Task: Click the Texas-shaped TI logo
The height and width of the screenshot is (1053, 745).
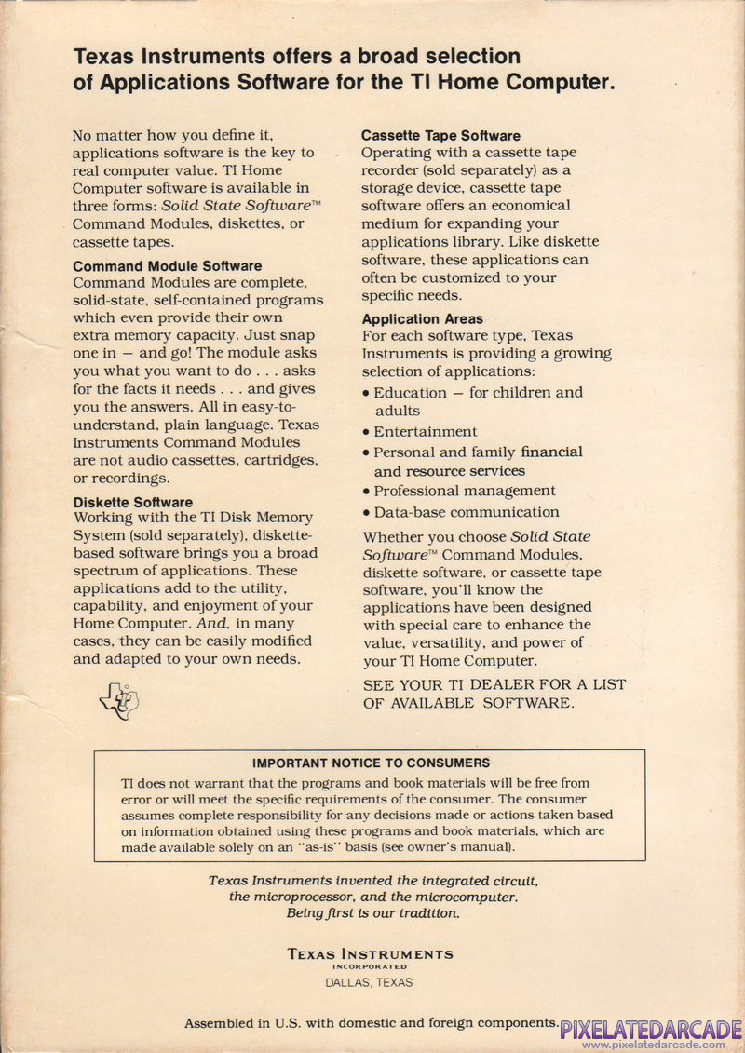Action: [119, 701]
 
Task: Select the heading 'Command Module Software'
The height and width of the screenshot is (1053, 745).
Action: [168, 265]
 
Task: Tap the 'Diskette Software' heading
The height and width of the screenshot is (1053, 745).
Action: [133, 502]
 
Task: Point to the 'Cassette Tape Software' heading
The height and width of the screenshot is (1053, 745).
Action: [440, 136]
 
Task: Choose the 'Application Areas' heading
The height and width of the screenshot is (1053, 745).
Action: [423, 318]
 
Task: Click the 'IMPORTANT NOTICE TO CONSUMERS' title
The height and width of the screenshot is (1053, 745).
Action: [371, 763]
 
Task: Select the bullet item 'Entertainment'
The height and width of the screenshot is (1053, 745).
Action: [426, 432]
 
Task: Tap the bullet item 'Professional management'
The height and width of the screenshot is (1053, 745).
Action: [465, 491]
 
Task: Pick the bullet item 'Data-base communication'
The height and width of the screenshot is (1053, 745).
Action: [467, 512]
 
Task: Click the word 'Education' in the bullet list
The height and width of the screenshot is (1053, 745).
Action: [410, 393]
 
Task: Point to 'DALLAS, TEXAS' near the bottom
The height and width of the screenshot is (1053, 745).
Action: [369, 982]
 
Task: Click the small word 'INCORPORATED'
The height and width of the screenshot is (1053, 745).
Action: [370, 967]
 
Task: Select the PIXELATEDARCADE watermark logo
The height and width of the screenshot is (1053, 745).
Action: [651, 1029]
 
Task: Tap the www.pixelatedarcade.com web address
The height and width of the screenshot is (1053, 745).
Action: [653, 1045]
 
